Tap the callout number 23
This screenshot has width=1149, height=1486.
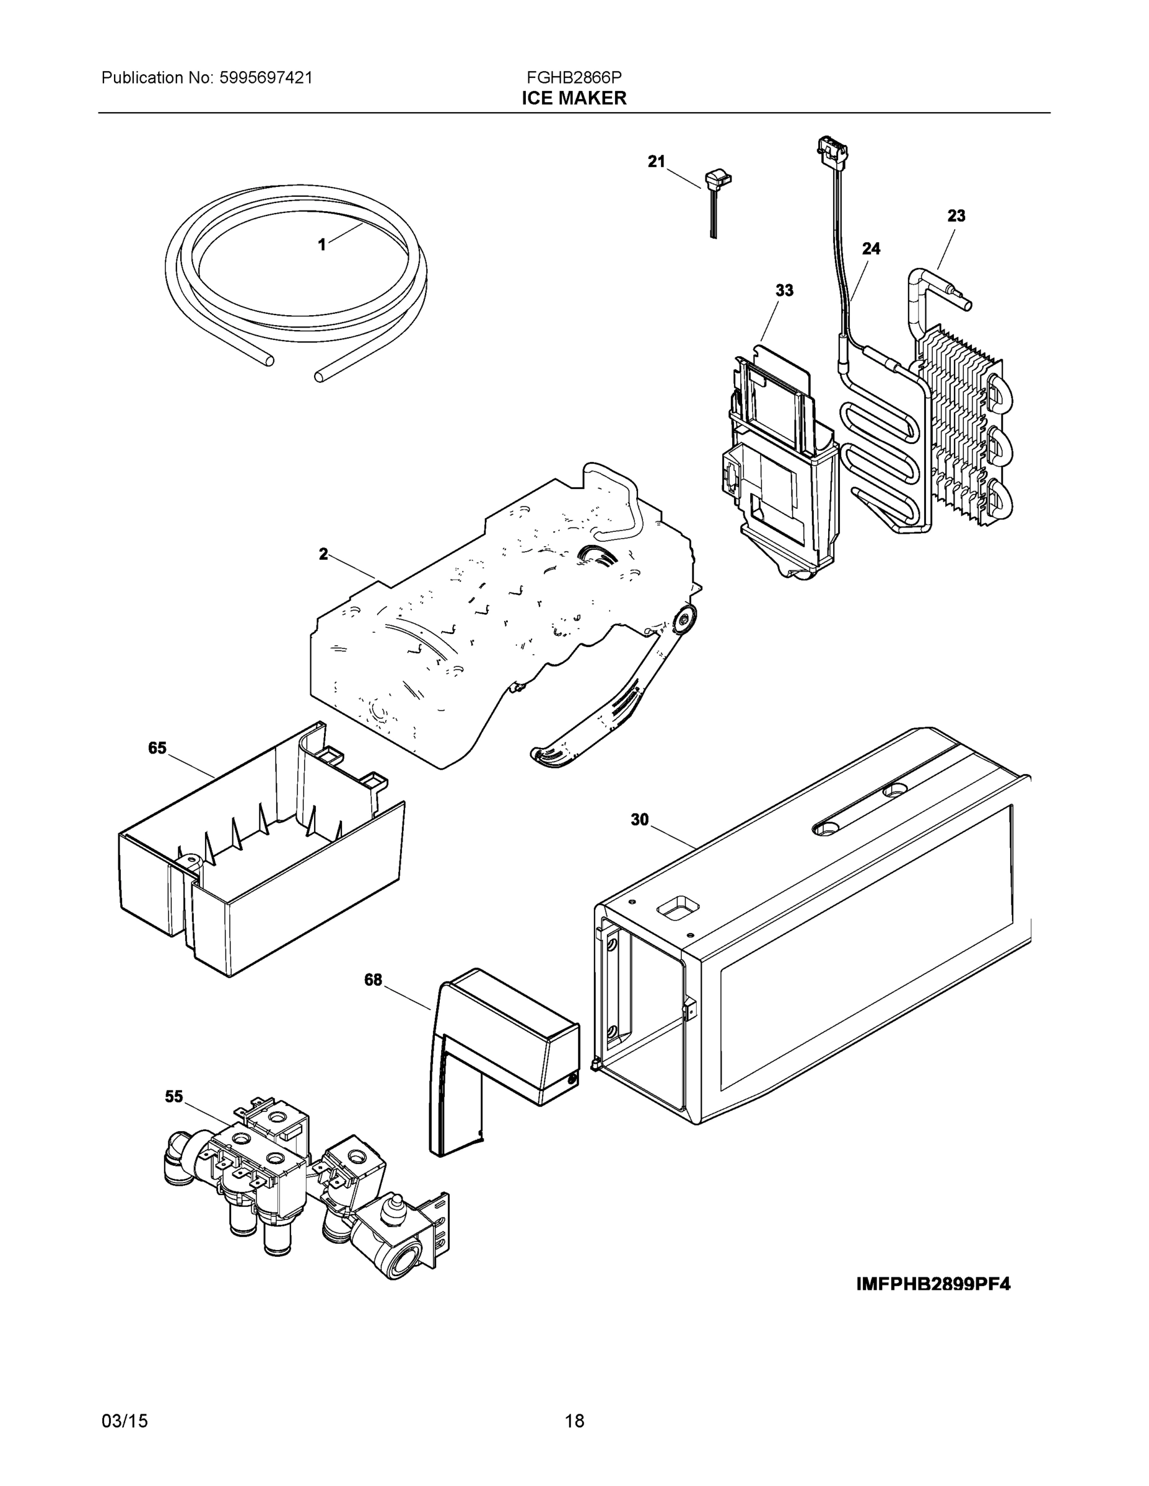point(956,215)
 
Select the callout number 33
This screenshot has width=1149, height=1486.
point(784,290)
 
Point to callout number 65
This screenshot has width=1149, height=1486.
point(157,749)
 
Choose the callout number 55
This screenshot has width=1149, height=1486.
point(174,1096)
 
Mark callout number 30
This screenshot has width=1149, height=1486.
point(639,820)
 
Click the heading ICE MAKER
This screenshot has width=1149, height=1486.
point(574,98)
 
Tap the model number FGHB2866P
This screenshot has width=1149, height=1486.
point(574,77)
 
